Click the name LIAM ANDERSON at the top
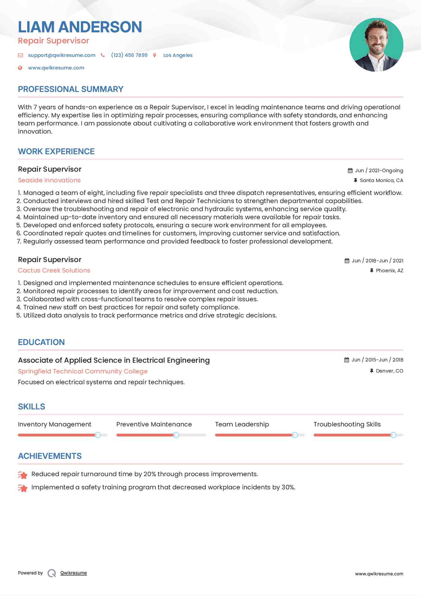pos(80,27)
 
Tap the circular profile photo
pos(376,45)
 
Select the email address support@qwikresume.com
pos(62,55)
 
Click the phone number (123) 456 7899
pos(129,55)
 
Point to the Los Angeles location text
pos(178,55)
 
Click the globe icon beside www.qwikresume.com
pos(20,68)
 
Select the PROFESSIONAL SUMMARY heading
pos(71,89)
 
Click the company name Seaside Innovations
pos(49,180)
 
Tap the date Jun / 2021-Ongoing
pos(379,170)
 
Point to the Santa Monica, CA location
pos(381,180)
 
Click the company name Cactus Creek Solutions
pos(54,270)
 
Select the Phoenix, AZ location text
pos(389,270)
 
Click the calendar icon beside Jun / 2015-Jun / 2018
pos(346,360)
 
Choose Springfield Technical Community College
pos(83,371)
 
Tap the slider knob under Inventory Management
pos(98,435)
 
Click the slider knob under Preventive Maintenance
pos(176,435)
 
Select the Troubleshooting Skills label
pos(347,424)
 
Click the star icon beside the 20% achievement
pos(23,475)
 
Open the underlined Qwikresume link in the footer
pos(74,573)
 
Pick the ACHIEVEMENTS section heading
pos(50,456)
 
